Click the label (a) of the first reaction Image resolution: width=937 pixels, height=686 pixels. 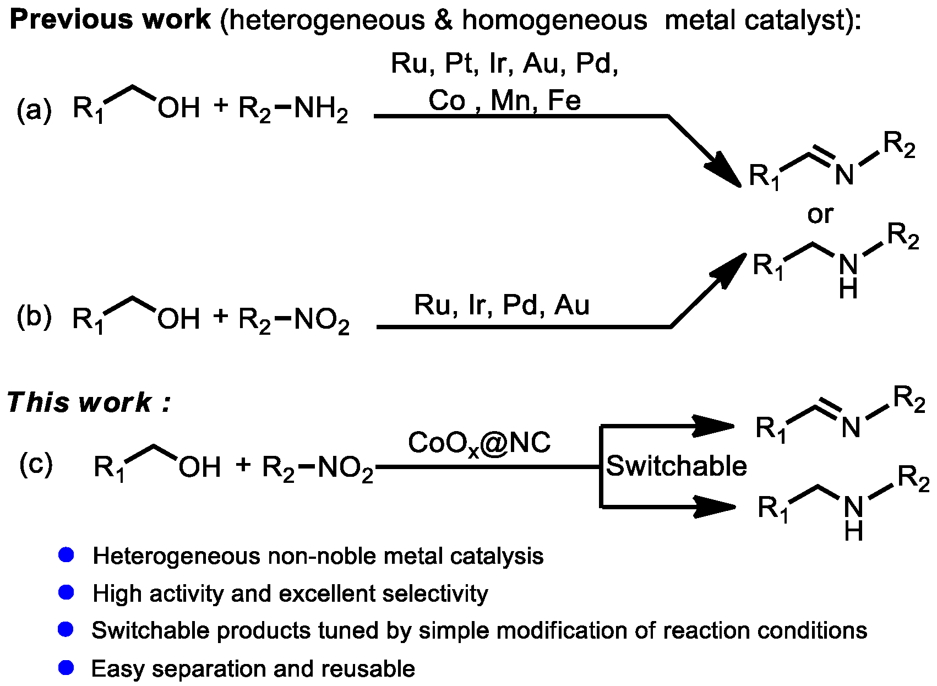point(34,109)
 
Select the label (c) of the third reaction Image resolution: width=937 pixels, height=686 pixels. point(36,464)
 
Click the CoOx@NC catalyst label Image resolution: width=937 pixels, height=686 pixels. point(479,443)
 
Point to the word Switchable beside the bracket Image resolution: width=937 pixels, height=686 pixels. point(676,466)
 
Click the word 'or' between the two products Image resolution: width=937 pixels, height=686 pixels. point(820,214)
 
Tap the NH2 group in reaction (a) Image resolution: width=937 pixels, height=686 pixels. point(320,108)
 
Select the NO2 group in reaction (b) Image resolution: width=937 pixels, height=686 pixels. point(322,320)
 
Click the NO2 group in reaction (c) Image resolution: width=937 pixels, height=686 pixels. point(345,468)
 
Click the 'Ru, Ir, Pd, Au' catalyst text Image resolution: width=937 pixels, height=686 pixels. point(501,305)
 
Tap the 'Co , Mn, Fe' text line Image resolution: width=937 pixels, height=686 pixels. point(504,100)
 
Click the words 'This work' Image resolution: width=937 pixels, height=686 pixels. point(80,402)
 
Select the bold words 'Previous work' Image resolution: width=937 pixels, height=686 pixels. point(110,20)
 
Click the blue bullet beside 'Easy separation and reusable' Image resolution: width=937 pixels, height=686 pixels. point(66,668)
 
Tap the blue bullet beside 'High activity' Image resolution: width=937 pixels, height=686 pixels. point(66,593)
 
